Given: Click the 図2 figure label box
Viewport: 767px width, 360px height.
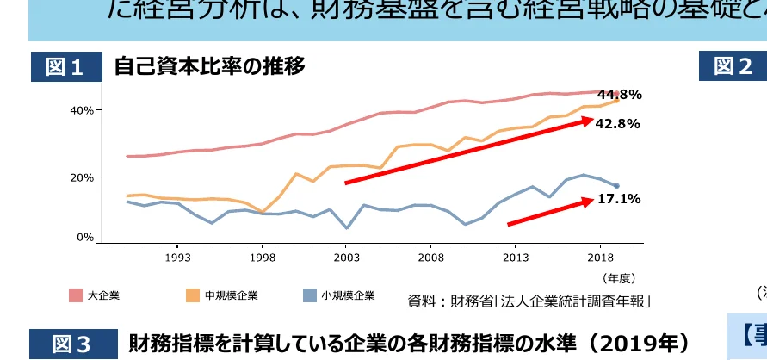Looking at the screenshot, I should click(x=732, y=66).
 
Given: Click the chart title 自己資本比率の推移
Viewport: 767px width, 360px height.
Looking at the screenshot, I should click(x=209, y=65).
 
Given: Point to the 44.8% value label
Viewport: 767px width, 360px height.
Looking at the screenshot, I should click(x=619, y=94).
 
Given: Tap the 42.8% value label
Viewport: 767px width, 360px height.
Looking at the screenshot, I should click(x=617, y=123).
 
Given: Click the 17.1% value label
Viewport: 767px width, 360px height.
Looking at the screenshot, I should click(x=617, y=199).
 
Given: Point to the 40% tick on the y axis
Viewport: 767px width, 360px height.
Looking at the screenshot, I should click(x=83, y=110).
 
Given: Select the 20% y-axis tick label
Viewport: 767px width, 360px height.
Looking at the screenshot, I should click(x=83, y=177).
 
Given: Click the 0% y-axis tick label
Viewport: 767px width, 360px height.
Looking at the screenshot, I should click(x=85, y=237).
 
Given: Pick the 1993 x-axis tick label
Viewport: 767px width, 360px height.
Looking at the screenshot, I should click(x=178, y=257).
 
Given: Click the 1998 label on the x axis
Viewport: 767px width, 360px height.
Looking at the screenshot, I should click(x=263, y=257).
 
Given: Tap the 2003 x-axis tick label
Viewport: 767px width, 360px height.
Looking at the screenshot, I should click(x=347, y=257).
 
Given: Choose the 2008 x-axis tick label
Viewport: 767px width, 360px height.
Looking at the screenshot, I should click(x=431, y=257).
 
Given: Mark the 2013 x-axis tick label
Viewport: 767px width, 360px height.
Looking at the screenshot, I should click(x=516, y=257).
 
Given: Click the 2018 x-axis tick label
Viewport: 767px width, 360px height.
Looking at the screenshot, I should click(x=600, y=257).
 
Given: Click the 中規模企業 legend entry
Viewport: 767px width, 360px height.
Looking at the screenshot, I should click(x=223, y=295).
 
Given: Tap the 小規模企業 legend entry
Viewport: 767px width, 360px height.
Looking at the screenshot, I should click(x=340, y=295).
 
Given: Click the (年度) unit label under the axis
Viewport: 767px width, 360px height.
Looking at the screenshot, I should click(x=618, y=277).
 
